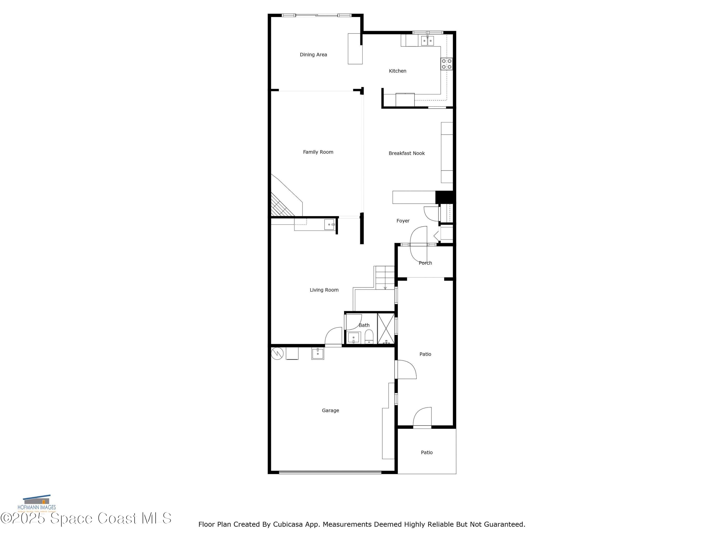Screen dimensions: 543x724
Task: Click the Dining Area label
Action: pyautogui.click(x=313, y=55)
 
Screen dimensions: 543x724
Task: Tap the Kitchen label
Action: pyautogui.click(x=397, y=71)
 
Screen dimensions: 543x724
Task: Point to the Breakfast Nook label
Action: pyautogui.click(x=406, y=153)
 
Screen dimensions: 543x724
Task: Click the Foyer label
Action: pyautogui.click(x=403, y=221)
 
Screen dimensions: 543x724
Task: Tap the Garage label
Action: pyautogui.click(x=330, y=411)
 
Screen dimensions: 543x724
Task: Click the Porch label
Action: pyautogui.click(x=425, y=263)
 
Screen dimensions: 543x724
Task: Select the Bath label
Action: pyautogui.click(x=364, y=325)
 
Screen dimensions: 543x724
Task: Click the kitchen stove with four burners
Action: pyautogui.click(x=446, y=64)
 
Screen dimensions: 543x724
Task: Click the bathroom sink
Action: pyautogui.click(x=354, y=337)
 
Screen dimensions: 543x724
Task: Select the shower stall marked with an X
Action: pyautogui.click(x=386, y=328)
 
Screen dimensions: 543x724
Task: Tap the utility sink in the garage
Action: pyautogui.click(x=318, y=354)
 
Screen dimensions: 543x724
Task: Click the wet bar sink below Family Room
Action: pyautogui.click(x=330, y=224)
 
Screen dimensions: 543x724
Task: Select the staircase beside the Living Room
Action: pyautogui.click(x=385, y=278)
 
